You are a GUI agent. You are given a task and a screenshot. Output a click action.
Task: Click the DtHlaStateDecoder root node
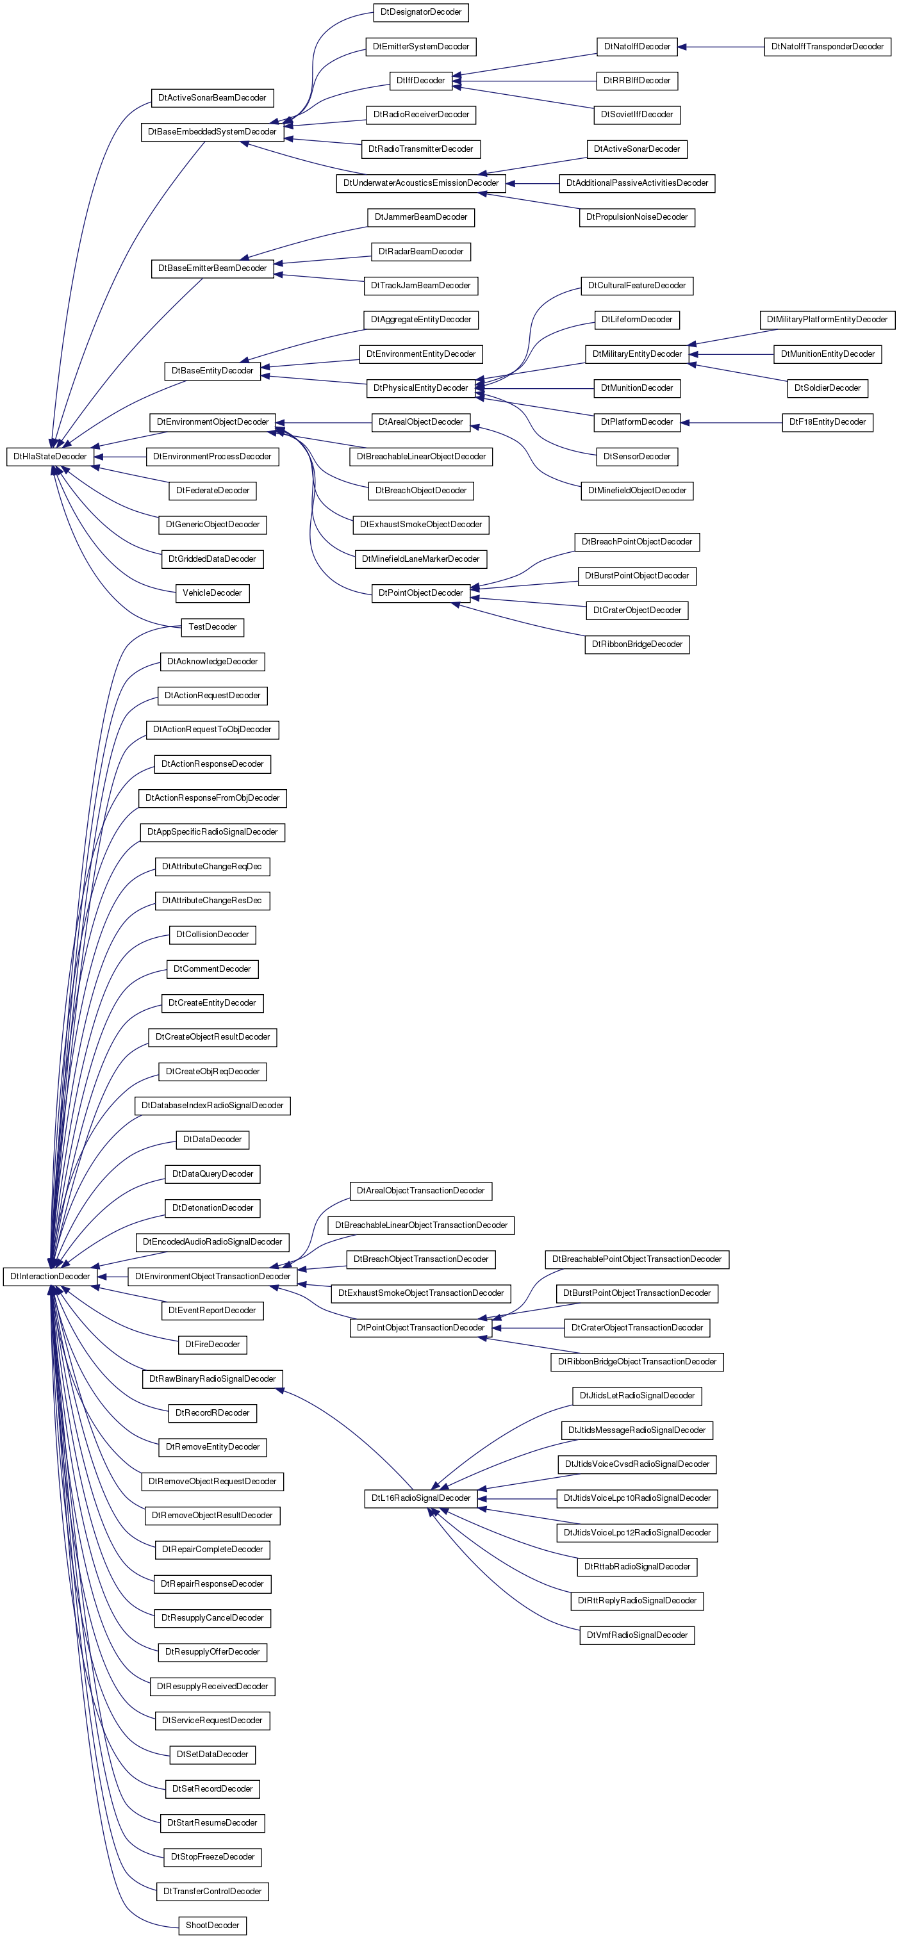(50, 456)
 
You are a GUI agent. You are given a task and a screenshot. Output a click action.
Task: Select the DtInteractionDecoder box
(50, 1276)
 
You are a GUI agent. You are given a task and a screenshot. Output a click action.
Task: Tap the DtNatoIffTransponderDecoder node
(827, 47)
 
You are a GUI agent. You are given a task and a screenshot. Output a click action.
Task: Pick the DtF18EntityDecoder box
(827, 422)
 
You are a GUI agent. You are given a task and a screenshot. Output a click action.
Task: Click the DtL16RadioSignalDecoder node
(421, 1498)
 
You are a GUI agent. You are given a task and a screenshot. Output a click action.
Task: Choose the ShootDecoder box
(212, 1925)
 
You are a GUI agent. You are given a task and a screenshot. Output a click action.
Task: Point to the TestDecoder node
(212, 627)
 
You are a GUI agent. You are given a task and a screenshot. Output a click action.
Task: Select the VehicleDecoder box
(212, 593)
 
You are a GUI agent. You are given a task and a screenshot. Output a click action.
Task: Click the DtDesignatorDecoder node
(421, 12)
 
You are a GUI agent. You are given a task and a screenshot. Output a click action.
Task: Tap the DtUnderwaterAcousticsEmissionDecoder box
(421, 183)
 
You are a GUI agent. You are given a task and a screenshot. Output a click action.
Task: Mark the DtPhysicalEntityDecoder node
(421, 388)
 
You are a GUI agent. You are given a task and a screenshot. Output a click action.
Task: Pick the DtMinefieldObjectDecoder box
(637, 491)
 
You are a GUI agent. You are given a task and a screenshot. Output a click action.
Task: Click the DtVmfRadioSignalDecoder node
(637, 1635)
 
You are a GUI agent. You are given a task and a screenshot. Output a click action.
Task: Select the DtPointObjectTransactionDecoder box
(421, 1328)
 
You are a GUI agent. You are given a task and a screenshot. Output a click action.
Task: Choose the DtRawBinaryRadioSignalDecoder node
(212, 1379)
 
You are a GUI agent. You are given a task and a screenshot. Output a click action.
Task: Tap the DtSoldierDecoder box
(827, 388)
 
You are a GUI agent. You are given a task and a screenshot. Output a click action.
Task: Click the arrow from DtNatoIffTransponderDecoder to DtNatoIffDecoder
(721, 47)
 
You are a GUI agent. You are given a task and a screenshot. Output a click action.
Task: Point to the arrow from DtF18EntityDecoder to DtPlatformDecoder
(731, 422)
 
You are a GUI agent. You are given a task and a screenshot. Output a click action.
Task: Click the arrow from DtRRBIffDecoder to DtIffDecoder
(525, 81)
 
